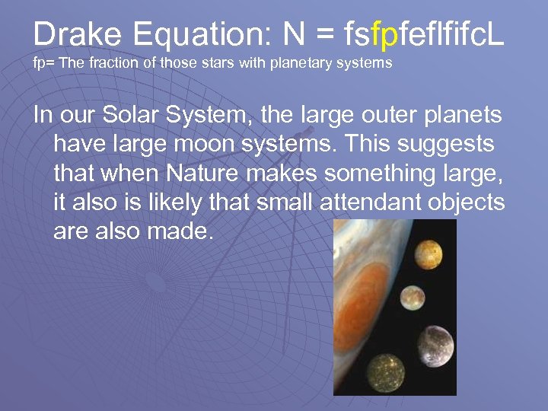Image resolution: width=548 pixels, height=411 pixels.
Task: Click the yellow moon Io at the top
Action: pyautogui.click(x=429, y=253)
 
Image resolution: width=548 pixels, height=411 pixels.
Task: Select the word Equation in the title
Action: pyautogui.click(x=195, y=33)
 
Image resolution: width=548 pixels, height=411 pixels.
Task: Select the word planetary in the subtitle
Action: pyautogui.click(x=302, y=64)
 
